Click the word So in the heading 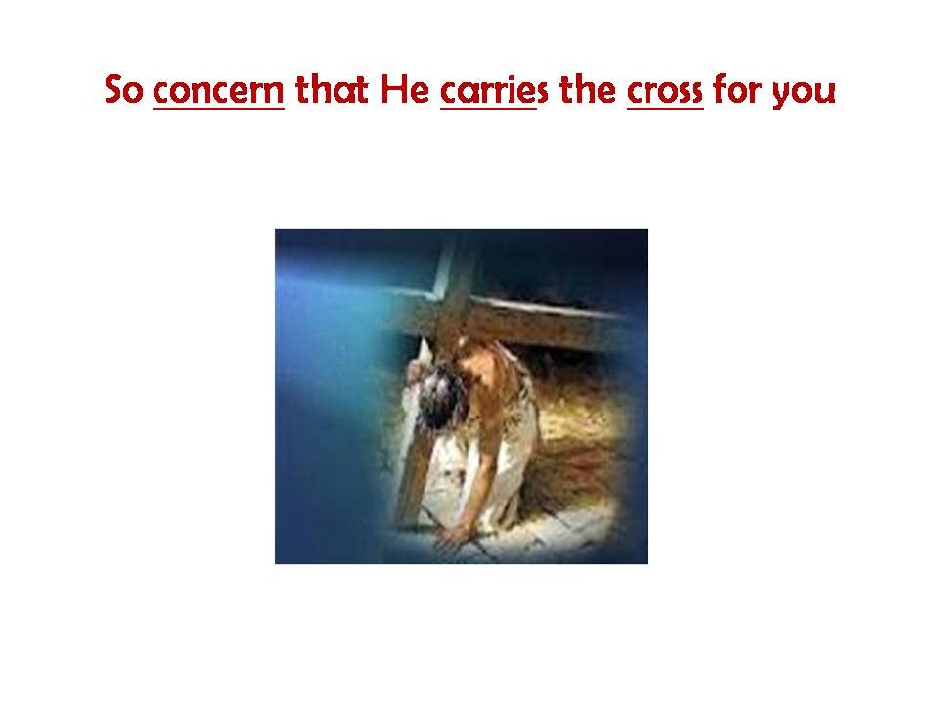pyautogui.click(x=123, y=90)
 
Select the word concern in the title pyautogui.click(x=218, y=91)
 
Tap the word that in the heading pyautogui.click(x=332, y=89)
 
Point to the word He pyautogui.click(x=405, y=90)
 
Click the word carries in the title pyautogui.click(x=494, y=90)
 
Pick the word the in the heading pyautogui.click(x=588, y=89)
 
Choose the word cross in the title pyautogui.click(x=665, y=91)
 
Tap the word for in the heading pyautogui.click(x=736, y=89)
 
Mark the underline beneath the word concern pyautogui.click(x=218, y=109)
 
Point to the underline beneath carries pyautogui.click(x=488, y=109)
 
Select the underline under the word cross pyautogui.click(x=665, y=109)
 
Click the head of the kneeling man pyautogui.click(x=442, y=396)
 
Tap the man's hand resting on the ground pyautogui.click(x=452, y=534)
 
